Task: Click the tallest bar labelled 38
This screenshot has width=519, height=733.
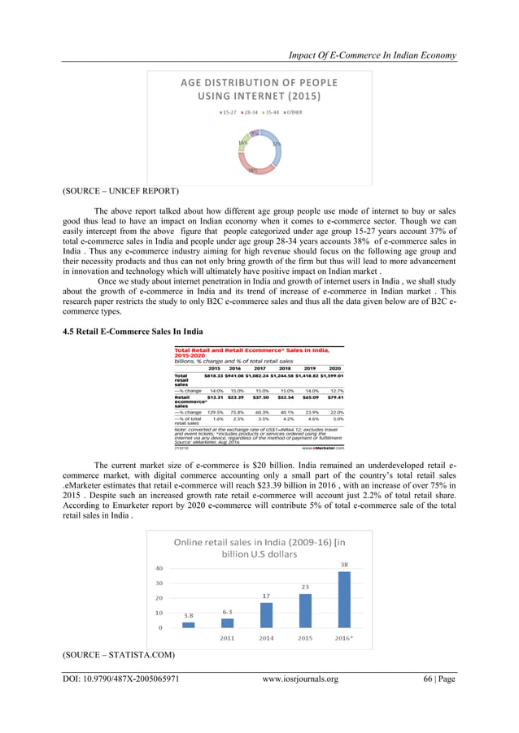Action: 345,599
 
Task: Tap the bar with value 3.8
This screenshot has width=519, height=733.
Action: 188,625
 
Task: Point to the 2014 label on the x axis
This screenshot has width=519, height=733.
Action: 266,638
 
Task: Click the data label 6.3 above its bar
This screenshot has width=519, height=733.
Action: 227,612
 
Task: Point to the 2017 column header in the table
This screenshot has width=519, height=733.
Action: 260,368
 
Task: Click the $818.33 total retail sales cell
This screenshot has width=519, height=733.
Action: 213,376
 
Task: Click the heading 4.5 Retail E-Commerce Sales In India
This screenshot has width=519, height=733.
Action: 133,331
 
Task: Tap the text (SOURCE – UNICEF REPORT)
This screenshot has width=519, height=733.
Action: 120,191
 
